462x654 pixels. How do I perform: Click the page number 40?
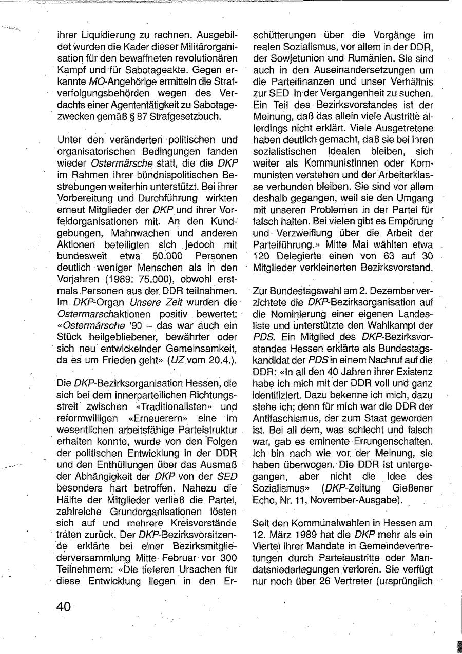(64, 607)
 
